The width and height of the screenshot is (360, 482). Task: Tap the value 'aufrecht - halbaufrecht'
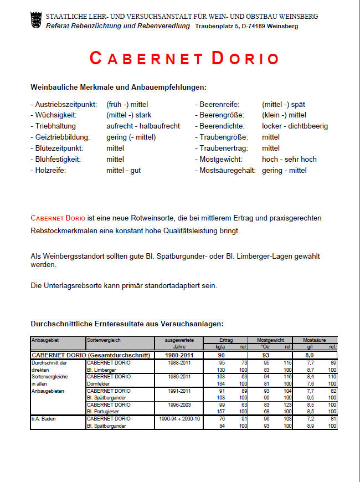pyautogui.click(x=143, y=126)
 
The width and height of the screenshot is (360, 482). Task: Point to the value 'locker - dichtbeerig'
pyautogui.click(x=295, y=126)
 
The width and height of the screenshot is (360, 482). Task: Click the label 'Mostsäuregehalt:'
pyautogui.click(x=224, y=171)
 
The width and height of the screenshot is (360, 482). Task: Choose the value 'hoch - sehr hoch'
pyautogui.click(x=289, y=160)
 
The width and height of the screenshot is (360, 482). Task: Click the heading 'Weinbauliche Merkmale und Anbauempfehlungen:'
pyautogui.click(x=119, y=88)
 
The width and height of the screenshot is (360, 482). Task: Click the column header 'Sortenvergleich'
pyautogui.click(x=104, y=340)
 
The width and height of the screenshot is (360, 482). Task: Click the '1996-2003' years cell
pyautogui.click(x=178, y=405)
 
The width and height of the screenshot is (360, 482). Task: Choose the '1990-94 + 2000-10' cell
pyautogui.click(x=178, y=419)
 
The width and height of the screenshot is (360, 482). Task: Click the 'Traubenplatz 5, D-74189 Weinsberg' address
pyautogui.click(x=246, y=26)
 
